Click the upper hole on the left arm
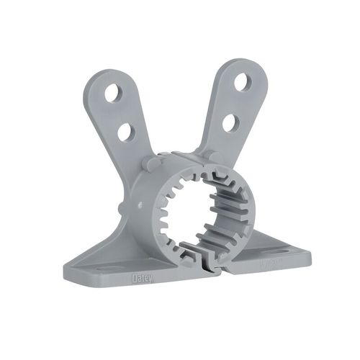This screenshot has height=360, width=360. pyautogui.click(x=114, y=92)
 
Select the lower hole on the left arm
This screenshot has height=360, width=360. pyautogui.click(x=125, y=131)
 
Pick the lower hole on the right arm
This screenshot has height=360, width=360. pyautogui.click(x=230, y=123)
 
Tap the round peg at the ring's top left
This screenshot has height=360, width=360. pyautogui.click(x=148, y=164)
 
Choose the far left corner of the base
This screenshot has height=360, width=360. pyautogui.click(x=66, y=271)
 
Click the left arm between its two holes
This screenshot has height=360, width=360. pyautogui.click(x=120, y=112)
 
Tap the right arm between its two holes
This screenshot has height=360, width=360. pyautogui.click(x=236, y=102)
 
